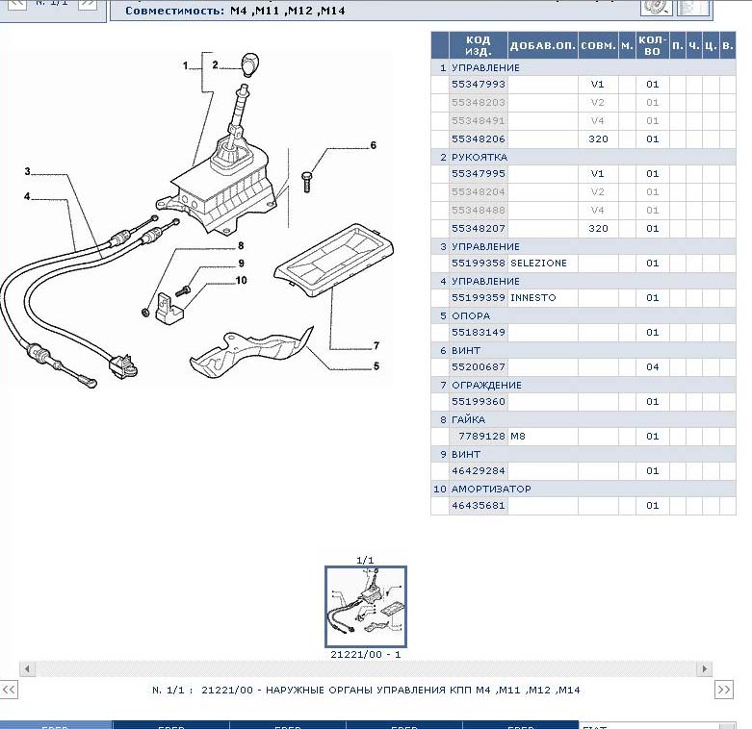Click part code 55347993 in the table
(478, 85)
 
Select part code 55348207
(478, 229)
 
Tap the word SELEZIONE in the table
(538, 264)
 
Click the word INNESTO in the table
(532, 298)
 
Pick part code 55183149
(478, 333)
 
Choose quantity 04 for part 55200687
(652, 367)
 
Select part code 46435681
(478, 506)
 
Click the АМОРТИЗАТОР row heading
(491, 489)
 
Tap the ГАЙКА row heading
(468, 419)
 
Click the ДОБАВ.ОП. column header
(542, 45)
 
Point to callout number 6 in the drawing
(373, 146)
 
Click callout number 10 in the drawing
(241, 281)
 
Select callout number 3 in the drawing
(28, 172)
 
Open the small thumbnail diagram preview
(365, 606)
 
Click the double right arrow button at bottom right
(724, 690)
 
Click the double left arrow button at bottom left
(9, 690)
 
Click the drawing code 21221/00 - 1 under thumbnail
(365, 654)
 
